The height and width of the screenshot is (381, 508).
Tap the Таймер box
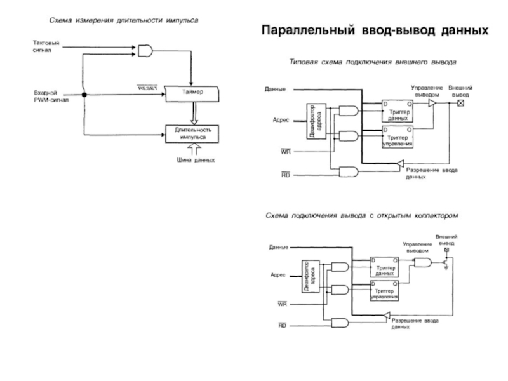(x=192, y=93)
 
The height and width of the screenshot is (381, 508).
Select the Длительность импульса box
(x=192, y=133)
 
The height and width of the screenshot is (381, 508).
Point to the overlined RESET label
(x=147, y=88)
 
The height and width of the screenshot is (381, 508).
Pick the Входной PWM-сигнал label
(x=51, y=97)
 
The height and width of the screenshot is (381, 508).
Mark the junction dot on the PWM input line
(x=84, y=95)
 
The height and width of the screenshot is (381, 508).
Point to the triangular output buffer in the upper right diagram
(x=432, y=103)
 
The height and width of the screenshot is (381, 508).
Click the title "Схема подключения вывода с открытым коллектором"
(x=361, y=216)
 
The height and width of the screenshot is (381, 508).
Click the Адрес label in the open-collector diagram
(x=277, y=274)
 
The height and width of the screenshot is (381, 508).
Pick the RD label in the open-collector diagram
(x=282, y=324)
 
